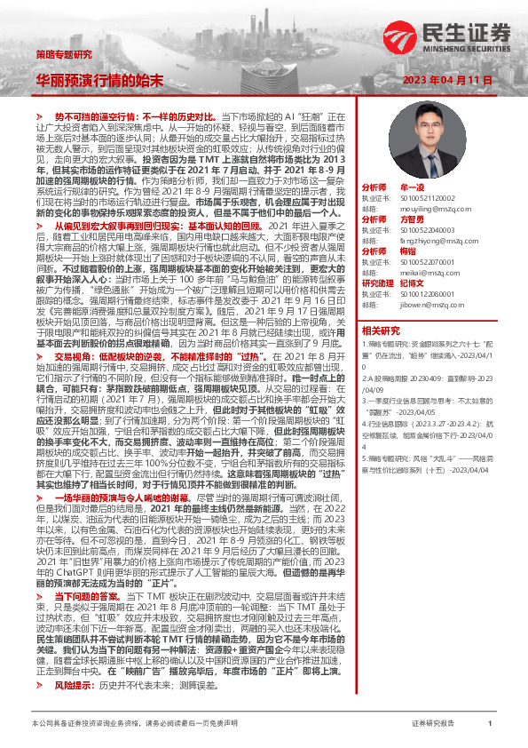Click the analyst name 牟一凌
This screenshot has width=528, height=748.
click(414, 188)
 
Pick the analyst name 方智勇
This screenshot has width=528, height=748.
click(414, 219)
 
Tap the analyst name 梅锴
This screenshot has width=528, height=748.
click(410, 251)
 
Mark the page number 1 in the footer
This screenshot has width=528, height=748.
click(490, 724)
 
